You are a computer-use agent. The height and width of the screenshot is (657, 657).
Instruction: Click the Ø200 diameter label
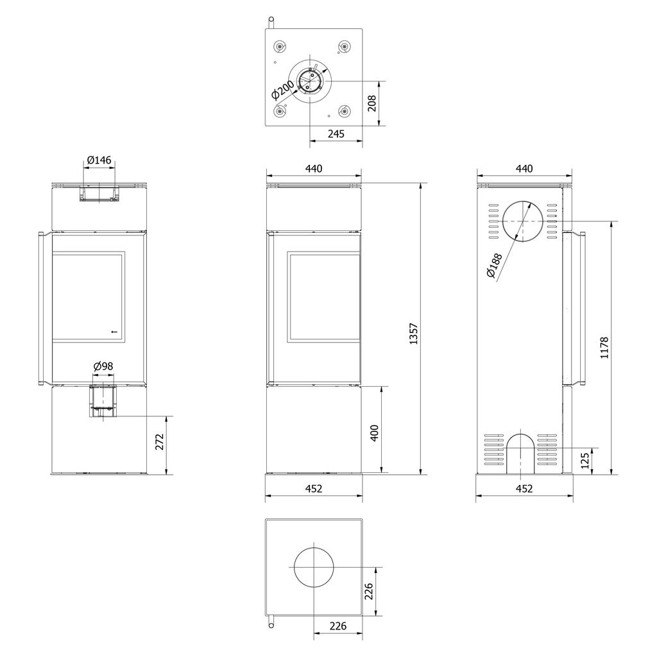(x=283, y=90)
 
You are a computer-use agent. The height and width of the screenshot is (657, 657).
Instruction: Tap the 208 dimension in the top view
(x=371, y=103)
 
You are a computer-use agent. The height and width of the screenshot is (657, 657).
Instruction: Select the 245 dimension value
(x=336, y=133)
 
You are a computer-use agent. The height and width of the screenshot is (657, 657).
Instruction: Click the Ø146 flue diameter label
(x=99, y=160)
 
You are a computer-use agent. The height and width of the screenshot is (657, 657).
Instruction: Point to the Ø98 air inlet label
(x=103, y=366)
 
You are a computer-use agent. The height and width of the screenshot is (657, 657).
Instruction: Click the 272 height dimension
(x=160, y=441)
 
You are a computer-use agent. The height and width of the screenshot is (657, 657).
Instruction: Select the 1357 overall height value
(x=414, y=334)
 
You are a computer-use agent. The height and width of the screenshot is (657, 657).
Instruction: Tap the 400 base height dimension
(x=375, y=433)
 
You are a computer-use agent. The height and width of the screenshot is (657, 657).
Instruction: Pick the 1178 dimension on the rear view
(x=604, y=348)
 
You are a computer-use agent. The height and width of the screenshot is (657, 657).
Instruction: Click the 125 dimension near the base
(x=585, y=460)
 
